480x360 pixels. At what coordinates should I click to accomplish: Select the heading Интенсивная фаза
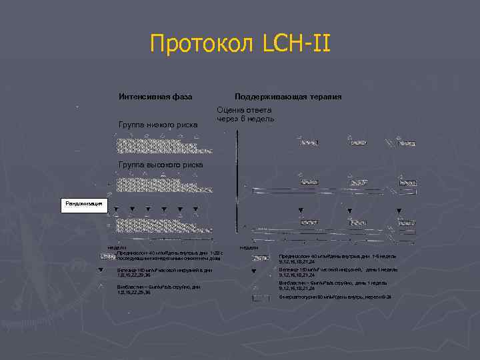coord(155,97)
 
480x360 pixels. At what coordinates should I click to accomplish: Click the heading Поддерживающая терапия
coord(287,97)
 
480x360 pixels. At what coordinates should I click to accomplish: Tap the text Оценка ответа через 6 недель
coord(243,114)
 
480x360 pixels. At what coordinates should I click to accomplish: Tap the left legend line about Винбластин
coord(157,289)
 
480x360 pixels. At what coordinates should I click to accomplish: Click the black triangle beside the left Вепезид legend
coord(101,271)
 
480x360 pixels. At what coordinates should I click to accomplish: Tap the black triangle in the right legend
coord(254,271)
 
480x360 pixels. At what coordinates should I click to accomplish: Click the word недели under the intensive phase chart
coord(109,247)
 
